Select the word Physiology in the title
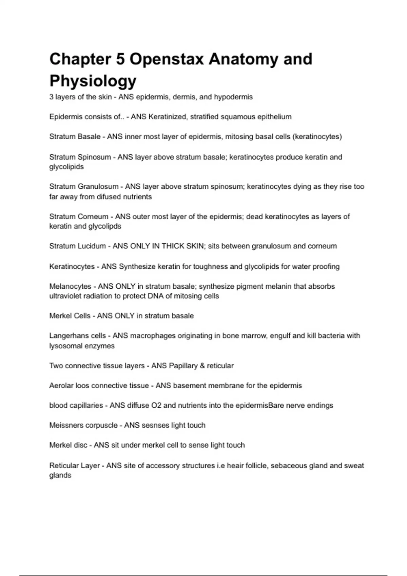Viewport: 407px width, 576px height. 93,81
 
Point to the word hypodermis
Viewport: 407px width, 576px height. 233,97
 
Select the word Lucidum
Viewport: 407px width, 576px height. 92,246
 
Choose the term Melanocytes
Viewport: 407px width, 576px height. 70,287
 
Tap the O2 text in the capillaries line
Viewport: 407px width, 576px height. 156,406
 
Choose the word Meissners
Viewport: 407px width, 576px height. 66,426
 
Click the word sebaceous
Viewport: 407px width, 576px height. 288,466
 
